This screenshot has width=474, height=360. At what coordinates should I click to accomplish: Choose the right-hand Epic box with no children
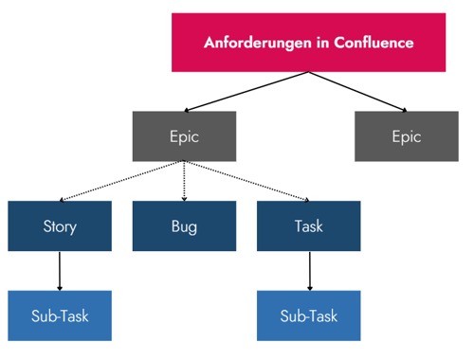pyautogui.click(x=406, y=136)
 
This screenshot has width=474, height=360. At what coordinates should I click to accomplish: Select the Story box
pyautogui.click(x=60, y=225)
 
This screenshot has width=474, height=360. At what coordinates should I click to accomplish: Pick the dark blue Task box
pyautogui.click(x=308, y=225)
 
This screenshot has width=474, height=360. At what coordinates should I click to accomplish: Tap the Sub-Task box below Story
pyautogui.click(x=60, y=315)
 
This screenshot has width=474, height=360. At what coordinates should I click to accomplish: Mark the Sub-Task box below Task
pyautogui.click(x=308, y=315)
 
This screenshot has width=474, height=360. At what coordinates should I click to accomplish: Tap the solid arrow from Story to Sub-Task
pyautogui.click(x=60, y=270)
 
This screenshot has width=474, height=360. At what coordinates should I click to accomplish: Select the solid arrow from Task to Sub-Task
pyautogui.click(x=308, y=270)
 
